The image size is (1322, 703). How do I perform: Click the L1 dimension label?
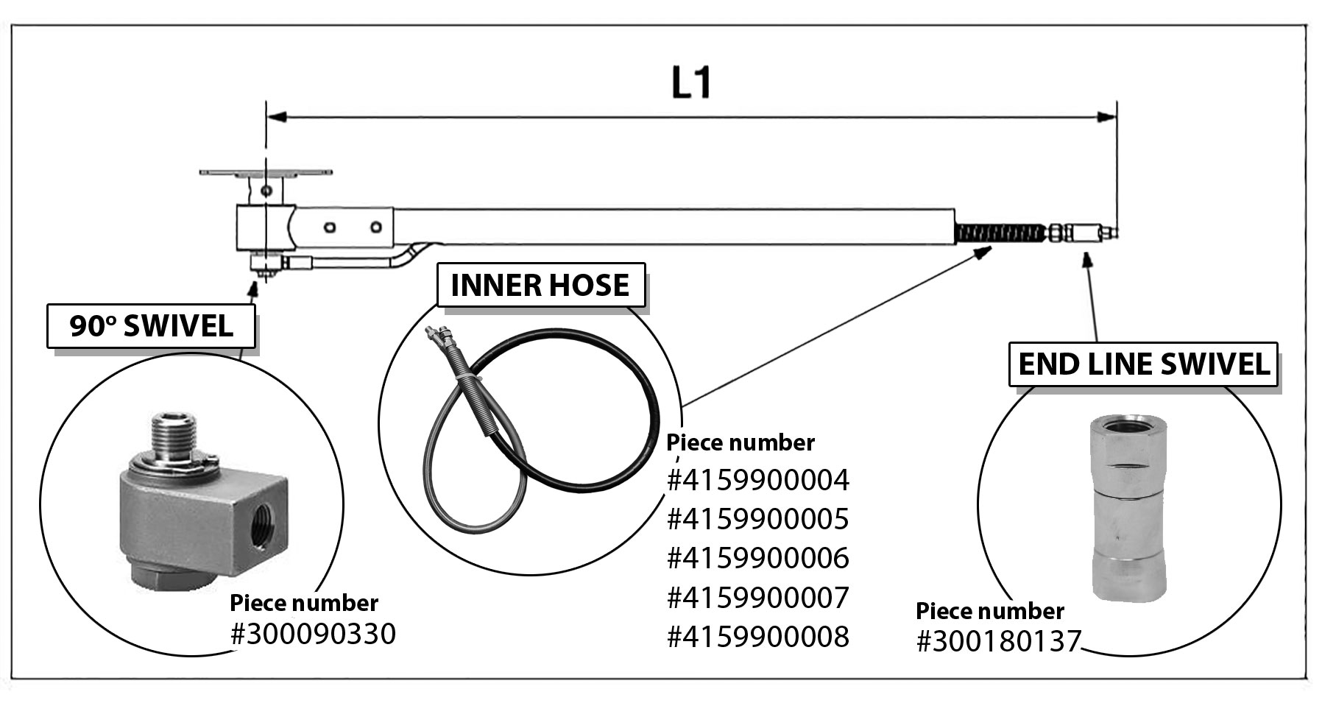[x=691, y=83]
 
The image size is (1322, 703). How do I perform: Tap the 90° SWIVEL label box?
[x=151, y=325]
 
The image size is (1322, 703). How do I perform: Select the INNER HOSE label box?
[x=540, y=285]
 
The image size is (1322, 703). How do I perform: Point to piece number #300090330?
[x=313, y=634]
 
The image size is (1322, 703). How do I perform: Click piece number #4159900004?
[x=758, y=481]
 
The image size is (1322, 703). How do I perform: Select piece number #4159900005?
[x=758, y=520]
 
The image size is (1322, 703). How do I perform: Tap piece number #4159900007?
[x=758, y=598]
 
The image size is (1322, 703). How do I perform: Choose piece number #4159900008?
[x=758, y=637]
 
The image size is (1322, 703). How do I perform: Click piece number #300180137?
[x=998, y=642]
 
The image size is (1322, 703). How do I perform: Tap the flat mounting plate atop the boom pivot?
[x=265, y=173]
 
